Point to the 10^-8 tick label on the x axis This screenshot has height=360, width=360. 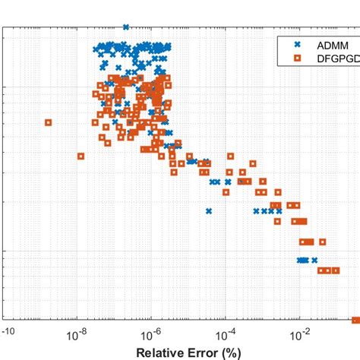tap(80, 335)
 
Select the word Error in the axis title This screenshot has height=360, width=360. tap(204, 352)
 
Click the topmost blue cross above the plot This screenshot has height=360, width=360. tap(125, 27)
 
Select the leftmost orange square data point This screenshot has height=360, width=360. tap(48, 122)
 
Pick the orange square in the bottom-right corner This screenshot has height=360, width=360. tap(355, 320)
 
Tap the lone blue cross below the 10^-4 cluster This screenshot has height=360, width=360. tap(209, 211)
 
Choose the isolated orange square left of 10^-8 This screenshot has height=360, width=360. tap(81, 156)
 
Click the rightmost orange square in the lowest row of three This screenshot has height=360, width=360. tap(336, 270)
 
